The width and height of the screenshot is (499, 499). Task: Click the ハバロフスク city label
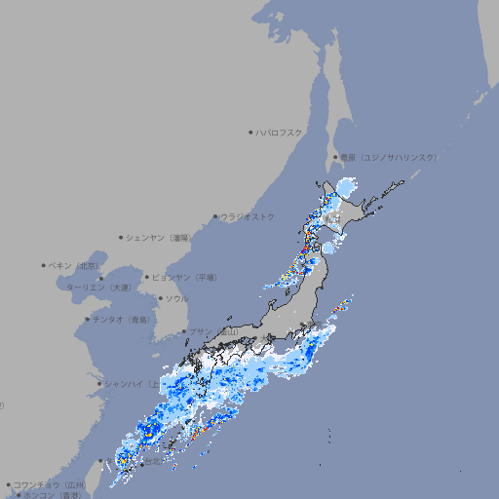tap(280, 132)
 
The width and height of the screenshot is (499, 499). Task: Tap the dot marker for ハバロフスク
tap(250, 132)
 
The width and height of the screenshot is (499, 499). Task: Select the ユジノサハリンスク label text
tap(388, 157)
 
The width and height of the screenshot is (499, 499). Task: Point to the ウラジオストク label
tap(248, 216)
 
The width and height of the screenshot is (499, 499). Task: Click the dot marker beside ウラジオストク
tap(215, 216)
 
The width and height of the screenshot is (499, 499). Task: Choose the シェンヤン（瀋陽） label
tap(160, 237)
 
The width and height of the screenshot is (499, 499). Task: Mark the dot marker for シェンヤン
tap(121, 237)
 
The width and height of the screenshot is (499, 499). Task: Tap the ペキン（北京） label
tap(74, 265)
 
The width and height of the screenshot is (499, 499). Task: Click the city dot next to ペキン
tap(44, 265)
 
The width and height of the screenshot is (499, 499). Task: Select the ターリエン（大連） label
tap(97, 288)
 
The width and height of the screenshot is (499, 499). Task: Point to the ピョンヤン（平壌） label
tap(184, 277)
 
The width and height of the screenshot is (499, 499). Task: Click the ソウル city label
tap(176, 298)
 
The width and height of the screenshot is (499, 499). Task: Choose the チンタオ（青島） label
tap(122, 319)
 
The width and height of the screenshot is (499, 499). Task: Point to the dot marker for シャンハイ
tap(99, 383)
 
